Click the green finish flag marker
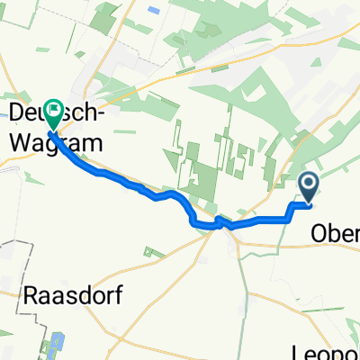pos(52,112)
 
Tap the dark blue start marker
pos(308,186)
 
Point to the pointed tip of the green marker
pos(52,131)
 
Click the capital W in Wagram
pos(22,141)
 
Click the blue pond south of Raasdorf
pos(56,343)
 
